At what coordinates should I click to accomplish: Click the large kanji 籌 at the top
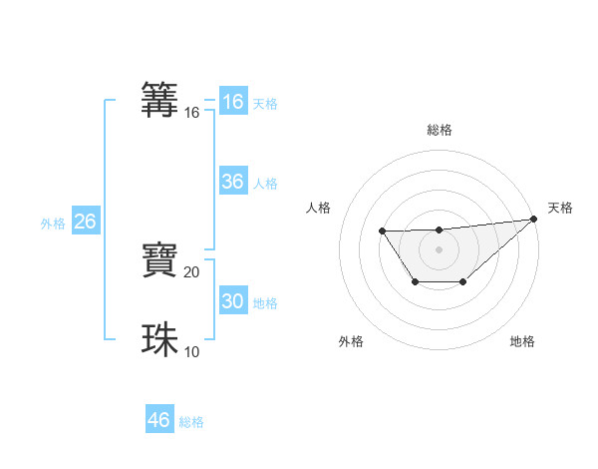click(160, 101)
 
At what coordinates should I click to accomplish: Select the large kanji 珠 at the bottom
click(160, 340)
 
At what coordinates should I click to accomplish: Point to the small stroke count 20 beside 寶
click(192, 271)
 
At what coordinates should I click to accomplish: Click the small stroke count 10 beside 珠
click(192, 351)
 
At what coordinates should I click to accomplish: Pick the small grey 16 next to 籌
click(192, 113)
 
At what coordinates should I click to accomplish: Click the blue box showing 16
click(232, 102)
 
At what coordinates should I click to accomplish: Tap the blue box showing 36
click(232, 182)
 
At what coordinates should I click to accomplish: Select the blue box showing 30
click(232, 301)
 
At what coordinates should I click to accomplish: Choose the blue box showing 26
click(85, 222)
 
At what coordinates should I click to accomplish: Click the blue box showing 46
click(158, 420)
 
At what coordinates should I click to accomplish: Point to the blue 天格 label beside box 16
click(264, 104)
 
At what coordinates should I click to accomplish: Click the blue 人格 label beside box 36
click(264, 184)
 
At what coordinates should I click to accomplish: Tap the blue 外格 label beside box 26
click(53, 224)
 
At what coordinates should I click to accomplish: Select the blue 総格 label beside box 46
click(191, 422)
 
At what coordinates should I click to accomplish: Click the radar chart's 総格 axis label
click(439, 130)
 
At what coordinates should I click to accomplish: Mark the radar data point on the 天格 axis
click(534, 220)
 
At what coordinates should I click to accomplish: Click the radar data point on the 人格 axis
click(383, 232)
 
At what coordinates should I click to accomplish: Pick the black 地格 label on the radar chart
click(522, 342)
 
